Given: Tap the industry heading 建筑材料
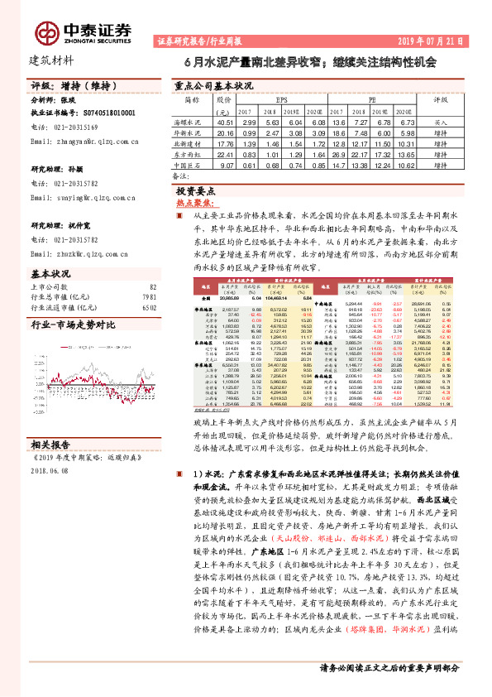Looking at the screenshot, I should [52, 60].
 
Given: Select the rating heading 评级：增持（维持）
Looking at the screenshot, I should [70, 86].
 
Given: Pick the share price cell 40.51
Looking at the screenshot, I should [224, 120].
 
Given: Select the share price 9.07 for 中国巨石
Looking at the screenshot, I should [225, 165].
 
